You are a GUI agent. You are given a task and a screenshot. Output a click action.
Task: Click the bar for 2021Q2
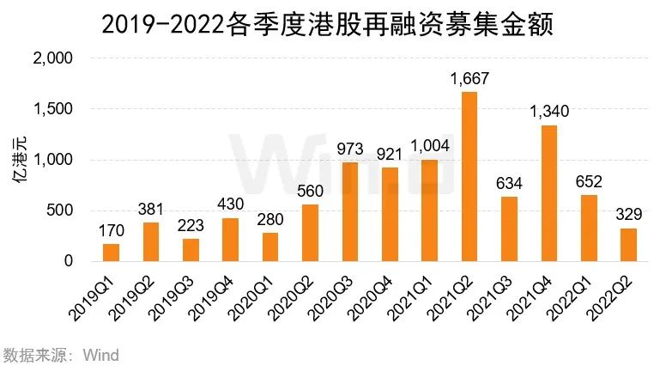pos(469,176)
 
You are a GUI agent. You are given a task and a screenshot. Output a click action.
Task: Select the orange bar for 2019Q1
pos(112,253)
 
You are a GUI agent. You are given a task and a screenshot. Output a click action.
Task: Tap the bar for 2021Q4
pos(549,193)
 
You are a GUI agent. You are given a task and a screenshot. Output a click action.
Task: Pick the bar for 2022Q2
pos(628,245)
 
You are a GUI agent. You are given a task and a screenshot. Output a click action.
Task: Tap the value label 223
pos(191,226)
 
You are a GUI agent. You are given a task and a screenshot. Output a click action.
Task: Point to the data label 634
pos(510,185)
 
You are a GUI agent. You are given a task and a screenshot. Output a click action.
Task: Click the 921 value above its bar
pos(390,156)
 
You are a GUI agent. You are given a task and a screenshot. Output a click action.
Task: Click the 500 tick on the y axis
pos(66,210)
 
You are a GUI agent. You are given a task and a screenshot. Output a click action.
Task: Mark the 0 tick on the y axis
pos(76,261)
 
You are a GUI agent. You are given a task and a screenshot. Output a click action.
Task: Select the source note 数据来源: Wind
pos(60,355)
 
